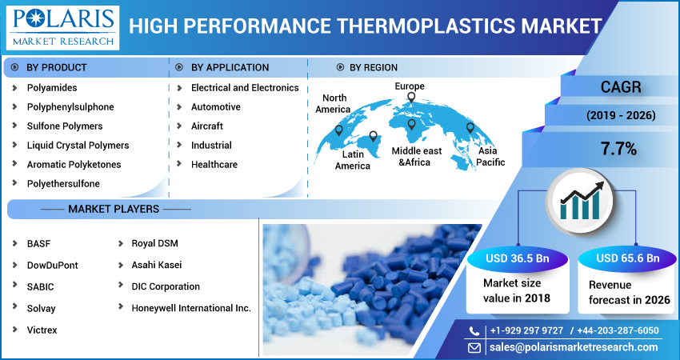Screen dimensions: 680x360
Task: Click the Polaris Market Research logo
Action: tap(63, 28)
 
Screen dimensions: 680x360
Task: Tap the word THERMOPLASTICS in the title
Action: tap(426, 26)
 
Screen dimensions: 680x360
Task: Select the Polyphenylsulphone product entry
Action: tap(70, 107)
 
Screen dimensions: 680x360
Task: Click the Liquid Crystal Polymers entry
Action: tap(78, 146)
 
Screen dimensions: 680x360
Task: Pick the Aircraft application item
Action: tap(207, 126)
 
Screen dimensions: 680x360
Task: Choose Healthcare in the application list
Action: tap(214, 165)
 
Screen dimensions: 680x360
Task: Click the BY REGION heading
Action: tap(374, 68)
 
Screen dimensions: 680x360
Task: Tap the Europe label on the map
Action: tap(410, 86)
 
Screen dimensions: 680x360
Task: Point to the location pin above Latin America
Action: tap(373, 136)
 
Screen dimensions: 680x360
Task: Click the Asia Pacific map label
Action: tap(491, 157)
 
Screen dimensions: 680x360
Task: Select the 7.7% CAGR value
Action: tap(619, 150)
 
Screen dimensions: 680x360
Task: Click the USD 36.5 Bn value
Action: tap(518, 258)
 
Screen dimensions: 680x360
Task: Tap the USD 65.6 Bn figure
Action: tap(627, 258)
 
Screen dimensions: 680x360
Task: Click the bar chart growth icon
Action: tap(579, 200)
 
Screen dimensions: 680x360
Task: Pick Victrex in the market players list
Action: tap(42, 330)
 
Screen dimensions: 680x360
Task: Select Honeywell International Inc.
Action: tap(191, 308)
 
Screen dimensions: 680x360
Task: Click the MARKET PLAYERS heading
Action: tap(114, 209)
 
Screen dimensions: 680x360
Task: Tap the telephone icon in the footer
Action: tap(474, 331)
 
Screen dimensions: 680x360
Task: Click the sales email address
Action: tap(574, 347)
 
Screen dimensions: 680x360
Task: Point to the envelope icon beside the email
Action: tap(474, 347)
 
